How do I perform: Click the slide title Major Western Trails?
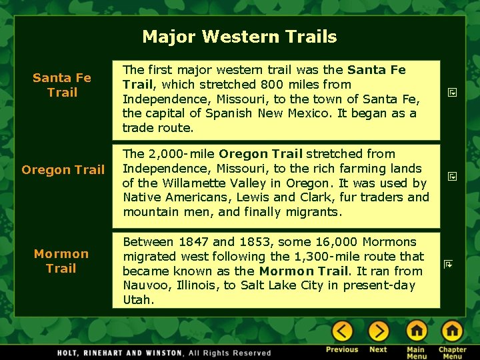click(239, 37)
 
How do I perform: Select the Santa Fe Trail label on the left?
click(62, 85)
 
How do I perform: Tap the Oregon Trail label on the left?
click(63, 170)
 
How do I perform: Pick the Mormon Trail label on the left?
click(61, 261)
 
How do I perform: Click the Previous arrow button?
click(342, 331)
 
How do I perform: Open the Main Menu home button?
click(417, 331)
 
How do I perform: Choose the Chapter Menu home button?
click(452, 331)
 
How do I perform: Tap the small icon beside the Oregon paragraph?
click(451, 177)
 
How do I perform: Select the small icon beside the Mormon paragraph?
click(449, 265)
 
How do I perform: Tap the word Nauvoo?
click(145, 286)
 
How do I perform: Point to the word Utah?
click(138, 301)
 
